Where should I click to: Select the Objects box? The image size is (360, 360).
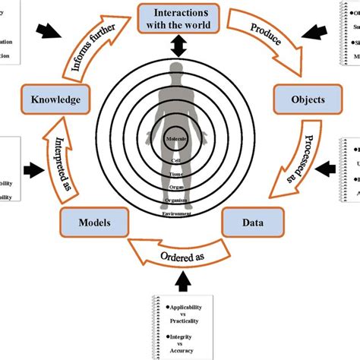[x=298, y=99]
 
